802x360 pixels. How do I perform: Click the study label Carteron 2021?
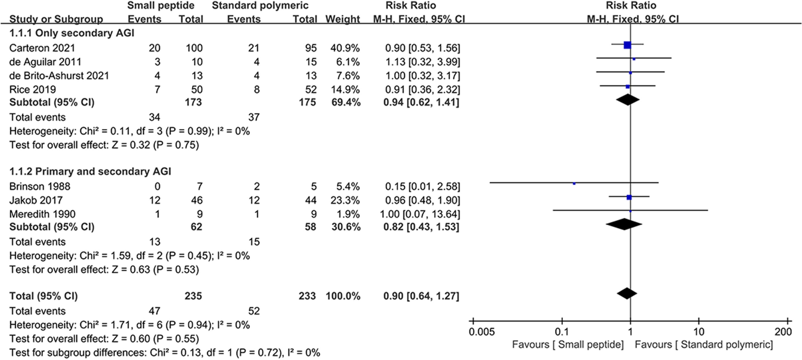pyautogui.click(x=42, y=48)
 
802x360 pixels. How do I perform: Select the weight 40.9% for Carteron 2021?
pyautogui.click(x=343, y=48)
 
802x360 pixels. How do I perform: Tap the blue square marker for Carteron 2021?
pyautogui.click(x=627, y=45)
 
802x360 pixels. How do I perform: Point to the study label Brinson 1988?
pyautogui.click(x=40, y=186)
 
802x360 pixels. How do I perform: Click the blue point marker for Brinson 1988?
pyautogui.click(x=574, y=183)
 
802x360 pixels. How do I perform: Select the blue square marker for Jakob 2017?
pyautogui.click(x=629, y=197)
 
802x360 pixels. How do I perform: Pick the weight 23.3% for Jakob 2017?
pyautogui.click(x=343, y=200)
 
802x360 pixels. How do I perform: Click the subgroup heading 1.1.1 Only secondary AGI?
pyautogui.click(x=72, y=33)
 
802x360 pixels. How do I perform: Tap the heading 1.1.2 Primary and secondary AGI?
pyautogui.click(x=90, y=171)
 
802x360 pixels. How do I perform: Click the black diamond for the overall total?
pyautogui.click(x=627, y=293)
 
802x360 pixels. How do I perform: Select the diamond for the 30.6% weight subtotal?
pyautogui.click(x=624, y=223)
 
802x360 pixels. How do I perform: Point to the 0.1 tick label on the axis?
pyautogui.click(x=561, y=332)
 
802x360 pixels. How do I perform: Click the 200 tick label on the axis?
pyautogui.click(x=783, y=332)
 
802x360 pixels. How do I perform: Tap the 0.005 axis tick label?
pyautogui.click(x=482, y=332)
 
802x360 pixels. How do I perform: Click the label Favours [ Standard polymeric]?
pyautogui.click(x=703, y=345)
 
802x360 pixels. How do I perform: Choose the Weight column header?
pyautogui.click(x=342, y=19)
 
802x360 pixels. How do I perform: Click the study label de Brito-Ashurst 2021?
pyautogui.click(x=59, y=76)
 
